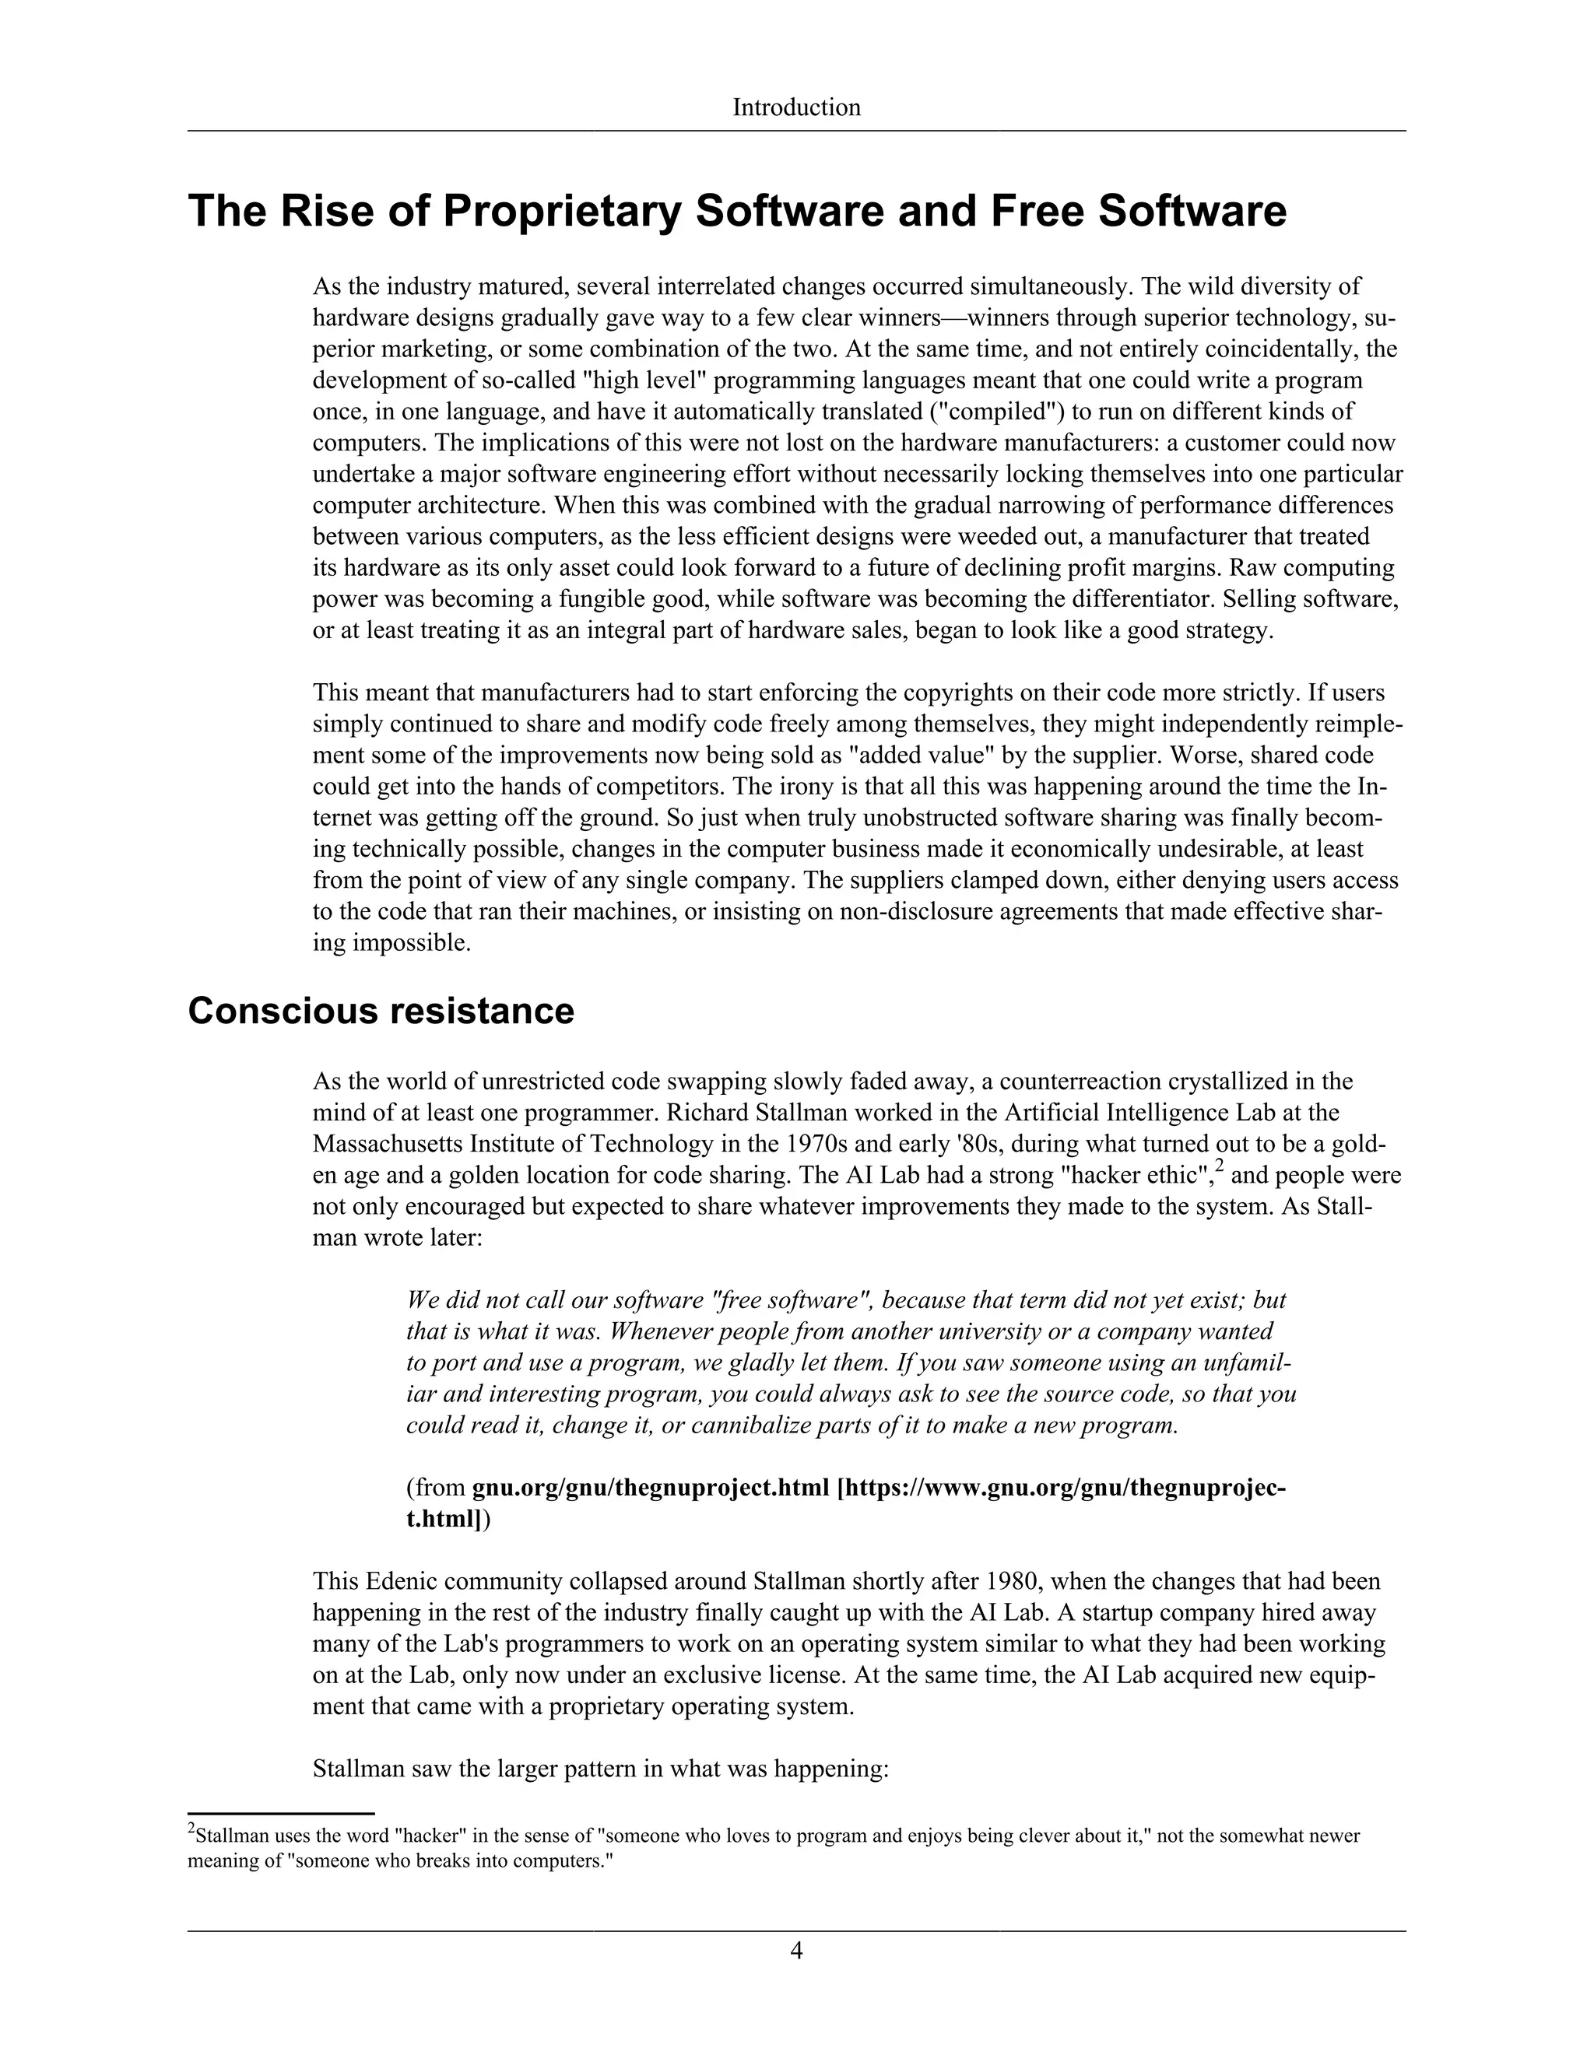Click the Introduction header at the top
[x=796, y=107]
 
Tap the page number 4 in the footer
[x=796, y=1950]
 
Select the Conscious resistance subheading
[x=381, y=1010]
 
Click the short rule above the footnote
[x=282, y=1813]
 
